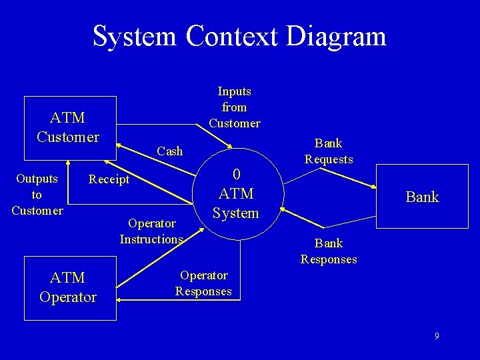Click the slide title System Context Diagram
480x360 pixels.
239,36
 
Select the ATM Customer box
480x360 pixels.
70,128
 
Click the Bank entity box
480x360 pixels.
422,197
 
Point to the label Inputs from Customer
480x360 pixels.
235,107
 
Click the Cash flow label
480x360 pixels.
169,151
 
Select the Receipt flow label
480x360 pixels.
109,179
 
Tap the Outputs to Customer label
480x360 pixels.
37,195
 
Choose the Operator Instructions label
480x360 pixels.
151,231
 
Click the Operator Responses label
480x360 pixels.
203,283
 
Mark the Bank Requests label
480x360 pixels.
329,151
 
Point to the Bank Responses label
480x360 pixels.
329,251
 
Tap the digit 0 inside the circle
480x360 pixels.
236,175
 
